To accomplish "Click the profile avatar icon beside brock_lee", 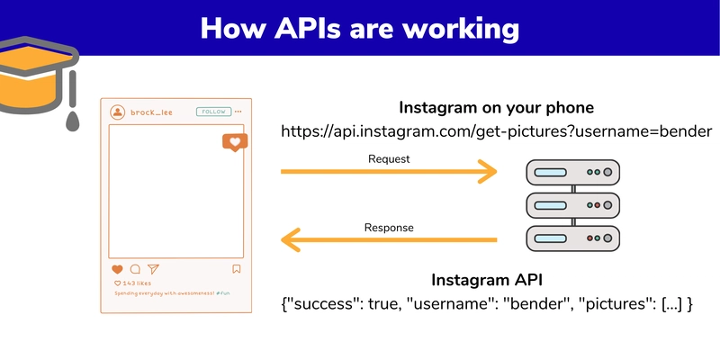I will [x=117, y=112].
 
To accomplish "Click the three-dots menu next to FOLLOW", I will [x=238, y=112].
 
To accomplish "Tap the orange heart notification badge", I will [x=234, y=142].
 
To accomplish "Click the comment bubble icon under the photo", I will [x=135, y=269].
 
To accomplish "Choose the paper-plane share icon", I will [x=153, y=269].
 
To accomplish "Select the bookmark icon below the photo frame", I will [x=237, y=269].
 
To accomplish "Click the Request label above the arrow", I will [x=389, y=159].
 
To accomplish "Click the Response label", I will [x=389, y=228].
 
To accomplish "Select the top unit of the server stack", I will [x=572, y=171].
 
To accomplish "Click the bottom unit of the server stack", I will [x=572, y=238].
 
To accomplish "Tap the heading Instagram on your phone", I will [x=495, y=106].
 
